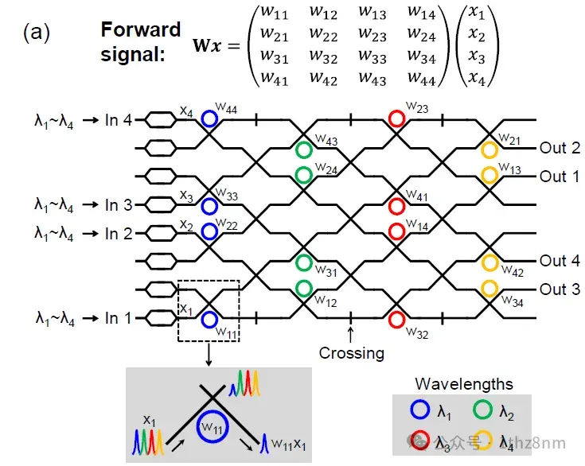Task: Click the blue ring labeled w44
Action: [x=209, y=119]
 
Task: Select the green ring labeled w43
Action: [x=303, y=149]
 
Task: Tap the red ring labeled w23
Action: [x=396, y=119]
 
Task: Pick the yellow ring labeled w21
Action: [x=489, y=149]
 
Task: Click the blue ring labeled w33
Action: [x=209, y=205]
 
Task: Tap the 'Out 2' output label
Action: [x=560, y=148]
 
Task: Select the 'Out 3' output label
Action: [x=560, y=289]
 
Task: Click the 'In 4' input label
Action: [x=123, y=120]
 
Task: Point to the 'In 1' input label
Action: [x=123, y=318]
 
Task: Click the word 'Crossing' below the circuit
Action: [x=350, y=352]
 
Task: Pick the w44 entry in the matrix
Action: [x=420, y=78]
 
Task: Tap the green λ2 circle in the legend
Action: [x=481, y=411]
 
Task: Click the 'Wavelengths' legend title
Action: [x=464, y=384]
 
